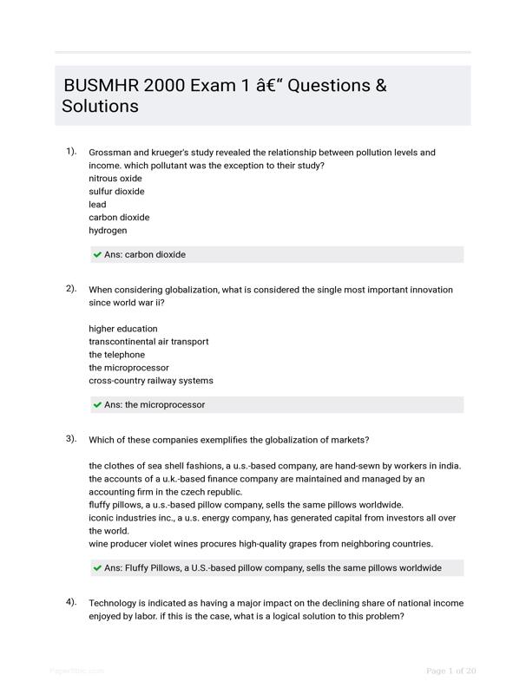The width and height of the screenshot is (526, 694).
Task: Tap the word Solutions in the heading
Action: (x=100, y=107)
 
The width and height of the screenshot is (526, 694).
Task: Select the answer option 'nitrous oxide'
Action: (x=115, y=179)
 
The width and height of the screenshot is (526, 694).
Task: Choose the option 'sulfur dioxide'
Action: (x=116, y=192)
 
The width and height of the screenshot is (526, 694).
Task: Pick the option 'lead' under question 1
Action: (x=97, y=205)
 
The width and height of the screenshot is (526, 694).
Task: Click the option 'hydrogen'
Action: (x=108, y=231)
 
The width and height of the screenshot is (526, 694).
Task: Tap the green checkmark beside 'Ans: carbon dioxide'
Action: (x=97, y=255)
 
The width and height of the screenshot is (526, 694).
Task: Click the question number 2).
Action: (x=71, y=289)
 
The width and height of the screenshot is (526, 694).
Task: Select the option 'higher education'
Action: (x=123, y=329)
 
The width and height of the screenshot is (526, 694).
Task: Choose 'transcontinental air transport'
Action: (x=148, y=342)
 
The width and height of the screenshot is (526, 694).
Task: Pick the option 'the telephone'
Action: (x=116, y=355)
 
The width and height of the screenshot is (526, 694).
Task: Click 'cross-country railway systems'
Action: (x=150, y=381)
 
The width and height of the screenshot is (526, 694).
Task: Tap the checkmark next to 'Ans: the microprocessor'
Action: (x=97, y=405)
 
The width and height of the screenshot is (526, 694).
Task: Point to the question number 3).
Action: (x=71, y=439)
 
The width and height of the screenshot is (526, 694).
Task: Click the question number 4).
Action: (x=71, y=602)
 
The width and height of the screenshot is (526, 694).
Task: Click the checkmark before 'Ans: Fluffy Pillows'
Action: (x=97, y=568)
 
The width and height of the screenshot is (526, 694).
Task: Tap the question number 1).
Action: (x=71, y=152)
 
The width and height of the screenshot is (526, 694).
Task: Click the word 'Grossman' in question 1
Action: (x=110, y=153)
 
